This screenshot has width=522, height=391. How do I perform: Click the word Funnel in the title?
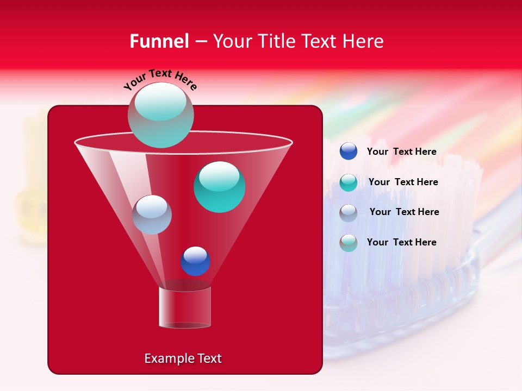[159, 41]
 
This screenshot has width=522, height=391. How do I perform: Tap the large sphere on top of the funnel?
[161, 115]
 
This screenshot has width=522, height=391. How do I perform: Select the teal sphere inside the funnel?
[219, 187]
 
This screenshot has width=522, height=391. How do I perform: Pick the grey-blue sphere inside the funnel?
[152, 215]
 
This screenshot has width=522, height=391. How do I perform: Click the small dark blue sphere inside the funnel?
[195, 261]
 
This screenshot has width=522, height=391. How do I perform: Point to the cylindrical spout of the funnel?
[185, 307]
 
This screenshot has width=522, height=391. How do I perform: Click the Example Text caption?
[183, 358]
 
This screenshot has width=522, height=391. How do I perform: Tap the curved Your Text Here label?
[160, 79]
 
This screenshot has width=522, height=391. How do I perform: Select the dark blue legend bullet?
[349, 152]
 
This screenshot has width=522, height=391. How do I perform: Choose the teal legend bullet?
[349, 182]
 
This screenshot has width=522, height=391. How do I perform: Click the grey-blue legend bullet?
[349, 212]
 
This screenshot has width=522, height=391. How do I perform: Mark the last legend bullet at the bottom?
[349, 242]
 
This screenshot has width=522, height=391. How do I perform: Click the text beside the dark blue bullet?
[401, 152]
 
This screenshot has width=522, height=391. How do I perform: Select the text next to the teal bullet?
[403, 182]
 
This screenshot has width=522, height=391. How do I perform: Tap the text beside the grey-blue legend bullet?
[404, 212]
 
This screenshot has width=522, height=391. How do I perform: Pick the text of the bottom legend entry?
[401, 242]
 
